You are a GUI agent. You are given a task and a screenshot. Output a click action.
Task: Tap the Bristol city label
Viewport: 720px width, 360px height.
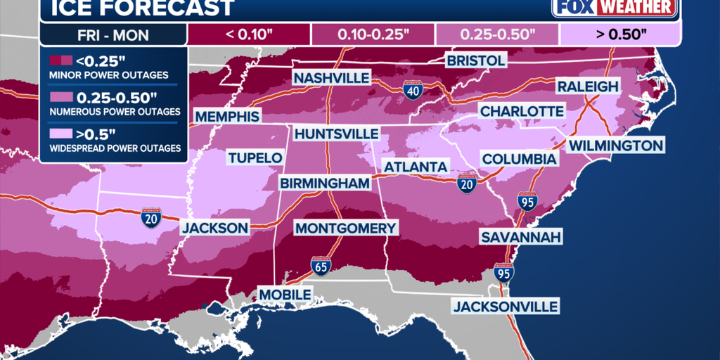pyautogui.click(x=476, y=60)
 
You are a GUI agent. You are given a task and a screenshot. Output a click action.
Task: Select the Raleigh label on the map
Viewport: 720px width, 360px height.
pyautogui.click(x=587, y=86)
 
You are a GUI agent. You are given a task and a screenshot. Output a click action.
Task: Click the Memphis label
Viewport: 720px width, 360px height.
pyautogui.click(x=226, y=116)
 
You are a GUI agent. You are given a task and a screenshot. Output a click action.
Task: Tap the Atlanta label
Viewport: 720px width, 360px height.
pyautogui.click(x=415, y=167)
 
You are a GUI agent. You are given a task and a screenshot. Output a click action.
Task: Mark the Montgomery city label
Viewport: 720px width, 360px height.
pyautogui.click(x=345, y=229)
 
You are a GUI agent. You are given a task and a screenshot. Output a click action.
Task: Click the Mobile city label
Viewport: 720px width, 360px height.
pyautogui.click(x=285, y=294)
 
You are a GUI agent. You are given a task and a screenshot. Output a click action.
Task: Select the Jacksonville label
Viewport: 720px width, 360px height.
pyautogui.click(x=506, y=307)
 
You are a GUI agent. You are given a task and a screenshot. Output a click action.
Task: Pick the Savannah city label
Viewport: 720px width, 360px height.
pyautogui.click(x=521, y=237)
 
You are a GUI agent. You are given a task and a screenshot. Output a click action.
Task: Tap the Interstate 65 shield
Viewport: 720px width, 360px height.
pyautogui.click(x=321, y=265)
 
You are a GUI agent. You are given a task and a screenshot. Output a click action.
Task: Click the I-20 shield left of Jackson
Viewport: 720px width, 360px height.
pyautogui.click(x=151, y=218)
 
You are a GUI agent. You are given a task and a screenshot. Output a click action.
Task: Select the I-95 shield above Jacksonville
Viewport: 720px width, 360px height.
pyautogui.click(x=503, y=271)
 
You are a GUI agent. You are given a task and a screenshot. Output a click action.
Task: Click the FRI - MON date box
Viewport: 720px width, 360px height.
pyautogui.click(x=113, y=32)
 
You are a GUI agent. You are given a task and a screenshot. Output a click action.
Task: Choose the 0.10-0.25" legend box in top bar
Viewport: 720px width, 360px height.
pyautogui.click(x=373, y=32)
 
